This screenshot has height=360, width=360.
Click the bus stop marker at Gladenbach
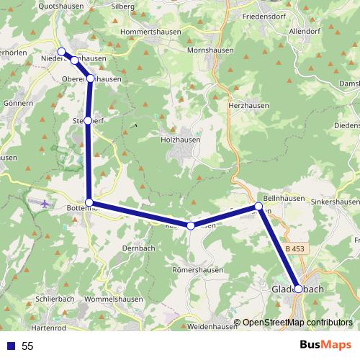click(299, 289)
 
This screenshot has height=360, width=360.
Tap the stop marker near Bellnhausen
click(258, 207)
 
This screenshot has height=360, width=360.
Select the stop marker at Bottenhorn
click(89, 202)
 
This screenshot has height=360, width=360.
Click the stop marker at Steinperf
click(88, 121)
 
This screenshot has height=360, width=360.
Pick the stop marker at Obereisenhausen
click(91, 78)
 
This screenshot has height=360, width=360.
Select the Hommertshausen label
click(153, 32)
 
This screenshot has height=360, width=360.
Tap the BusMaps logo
click(325, 345)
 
